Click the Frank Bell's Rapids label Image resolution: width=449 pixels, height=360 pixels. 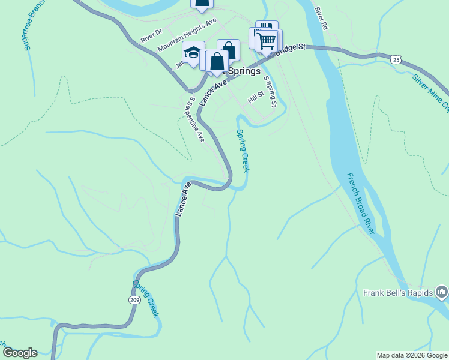pos(398,293)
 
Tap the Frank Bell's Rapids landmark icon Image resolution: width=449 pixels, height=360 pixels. pos(442,292)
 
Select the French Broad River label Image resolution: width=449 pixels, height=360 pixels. pos(361,204)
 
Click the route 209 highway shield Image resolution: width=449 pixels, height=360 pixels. pos(133,299)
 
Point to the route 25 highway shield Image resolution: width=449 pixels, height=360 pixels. pos(394,59)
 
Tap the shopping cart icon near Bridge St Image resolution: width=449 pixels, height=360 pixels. pos(266,41)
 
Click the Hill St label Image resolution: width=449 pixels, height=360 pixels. pos(256,97)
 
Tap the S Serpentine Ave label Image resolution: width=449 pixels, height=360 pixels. pos(197,119)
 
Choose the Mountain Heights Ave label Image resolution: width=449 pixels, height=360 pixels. pos(186,34)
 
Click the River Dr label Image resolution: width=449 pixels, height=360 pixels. pos(151,35)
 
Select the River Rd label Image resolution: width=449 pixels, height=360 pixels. pos(321,19)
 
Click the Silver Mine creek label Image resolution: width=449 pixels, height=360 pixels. pos(431,92)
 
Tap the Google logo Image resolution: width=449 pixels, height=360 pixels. pos(19,353)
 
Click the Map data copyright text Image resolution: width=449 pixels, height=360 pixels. pos(412,355)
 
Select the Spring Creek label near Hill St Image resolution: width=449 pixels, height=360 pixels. pos(243,151)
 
